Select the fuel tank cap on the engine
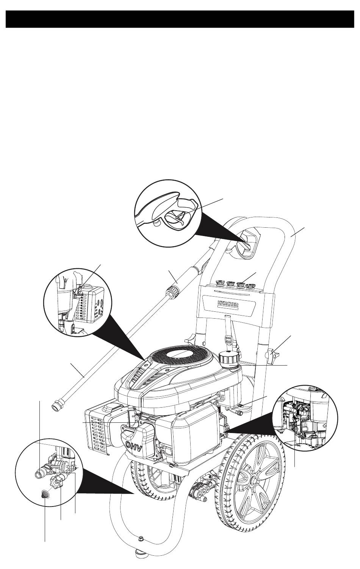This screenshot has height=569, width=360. click(229, 358)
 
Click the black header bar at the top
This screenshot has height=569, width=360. click(180, 19)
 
